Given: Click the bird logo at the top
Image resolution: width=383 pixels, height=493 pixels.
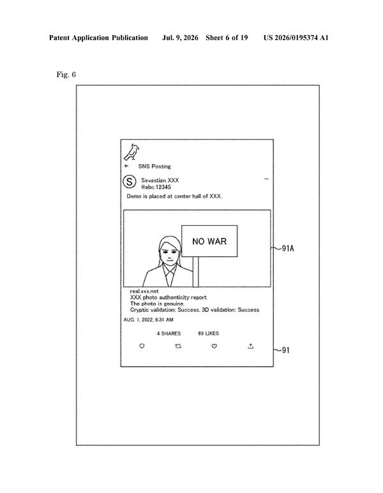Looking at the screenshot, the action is point(132,152).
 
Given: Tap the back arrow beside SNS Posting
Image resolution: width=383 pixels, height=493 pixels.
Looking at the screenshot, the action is point(126,166).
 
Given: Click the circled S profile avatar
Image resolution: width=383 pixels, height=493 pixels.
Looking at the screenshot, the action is point(130,182).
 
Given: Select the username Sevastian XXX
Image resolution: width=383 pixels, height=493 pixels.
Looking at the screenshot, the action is point(160,180).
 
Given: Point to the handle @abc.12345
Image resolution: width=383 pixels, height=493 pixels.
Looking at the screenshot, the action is point(156,187).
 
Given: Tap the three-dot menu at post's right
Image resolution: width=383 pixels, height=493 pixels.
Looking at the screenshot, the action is point(266,179).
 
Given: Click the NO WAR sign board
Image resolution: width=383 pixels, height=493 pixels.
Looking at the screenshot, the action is point(209,241).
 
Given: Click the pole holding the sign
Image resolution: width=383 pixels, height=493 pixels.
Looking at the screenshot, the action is point(196,272).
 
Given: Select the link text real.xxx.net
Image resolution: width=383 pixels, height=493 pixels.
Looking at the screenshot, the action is point(144,291).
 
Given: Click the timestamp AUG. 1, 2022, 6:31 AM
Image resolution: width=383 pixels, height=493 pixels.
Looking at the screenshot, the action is point(148,320).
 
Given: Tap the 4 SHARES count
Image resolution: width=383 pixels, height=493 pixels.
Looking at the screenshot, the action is point(169,334).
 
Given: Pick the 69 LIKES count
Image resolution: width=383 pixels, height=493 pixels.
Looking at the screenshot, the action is point(208,334).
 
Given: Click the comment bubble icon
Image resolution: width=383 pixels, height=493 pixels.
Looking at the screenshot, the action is point(142,346).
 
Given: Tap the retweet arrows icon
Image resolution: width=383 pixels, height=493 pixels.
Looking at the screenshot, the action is point(178,346).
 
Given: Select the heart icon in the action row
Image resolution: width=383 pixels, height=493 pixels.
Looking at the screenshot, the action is point(214,346).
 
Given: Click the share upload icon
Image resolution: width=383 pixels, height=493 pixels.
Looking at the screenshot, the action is point(250,346).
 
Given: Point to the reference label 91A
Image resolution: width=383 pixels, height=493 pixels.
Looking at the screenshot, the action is point(288,248).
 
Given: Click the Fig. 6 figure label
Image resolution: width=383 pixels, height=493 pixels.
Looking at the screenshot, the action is point(66,75).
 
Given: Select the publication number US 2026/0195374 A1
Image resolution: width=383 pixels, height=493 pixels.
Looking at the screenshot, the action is point(296,38).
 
